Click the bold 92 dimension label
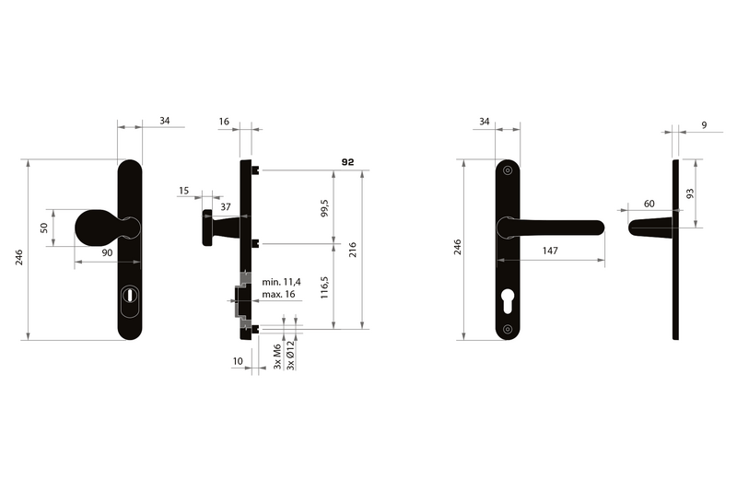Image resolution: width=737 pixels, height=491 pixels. pyautogui.click(x=348, y=162)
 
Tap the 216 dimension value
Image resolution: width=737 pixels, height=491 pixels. pyautogui.click(x=353, y=250)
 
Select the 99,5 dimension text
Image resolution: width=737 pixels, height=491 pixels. pyautogui.click(x=324, y=208)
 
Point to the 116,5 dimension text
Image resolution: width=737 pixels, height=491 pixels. pyautogui.click(x=324, y=287)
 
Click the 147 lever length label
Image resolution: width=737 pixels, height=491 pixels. pyautogui.click(x=550, y=251)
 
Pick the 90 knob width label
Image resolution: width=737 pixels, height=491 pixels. pyautogui.click(x=107, y=252)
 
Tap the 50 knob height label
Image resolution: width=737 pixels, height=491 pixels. pyautogui.click(x=43, y=228)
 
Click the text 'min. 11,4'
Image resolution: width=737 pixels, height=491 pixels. pyautogui.click(x=281, y=282)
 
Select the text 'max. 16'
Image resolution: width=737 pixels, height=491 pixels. pyautogui.click(x=278, y=294)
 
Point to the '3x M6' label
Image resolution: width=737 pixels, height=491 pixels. pyautogui.click(x=277, y=357)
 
